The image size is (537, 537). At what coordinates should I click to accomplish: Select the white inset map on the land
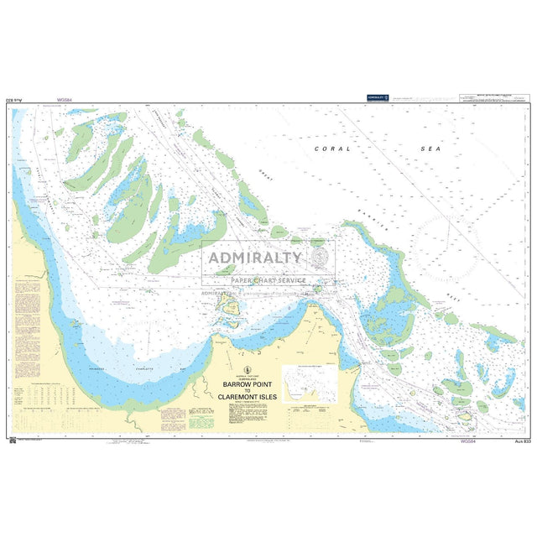(x=310, y=383)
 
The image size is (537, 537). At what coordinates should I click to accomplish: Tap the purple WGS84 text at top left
(x=64, y=100)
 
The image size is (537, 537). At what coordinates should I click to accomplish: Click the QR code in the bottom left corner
(x=11, y=438)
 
